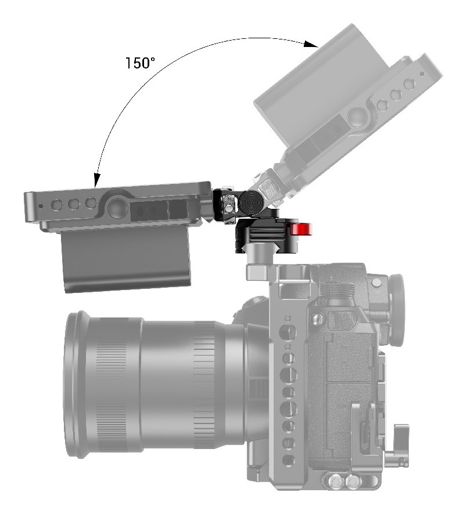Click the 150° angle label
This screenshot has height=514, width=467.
point(140,63)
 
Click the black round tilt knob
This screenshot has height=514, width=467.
point(249,201)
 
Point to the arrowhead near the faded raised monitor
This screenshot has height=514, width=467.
point(311,45)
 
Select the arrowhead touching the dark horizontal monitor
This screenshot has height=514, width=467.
point(96,180)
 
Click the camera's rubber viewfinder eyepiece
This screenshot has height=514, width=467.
point(397,310)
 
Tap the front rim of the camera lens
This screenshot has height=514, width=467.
point(77,385)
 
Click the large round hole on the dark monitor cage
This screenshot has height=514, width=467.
point(116,208)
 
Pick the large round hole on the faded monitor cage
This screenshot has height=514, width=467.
point(356,116)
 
